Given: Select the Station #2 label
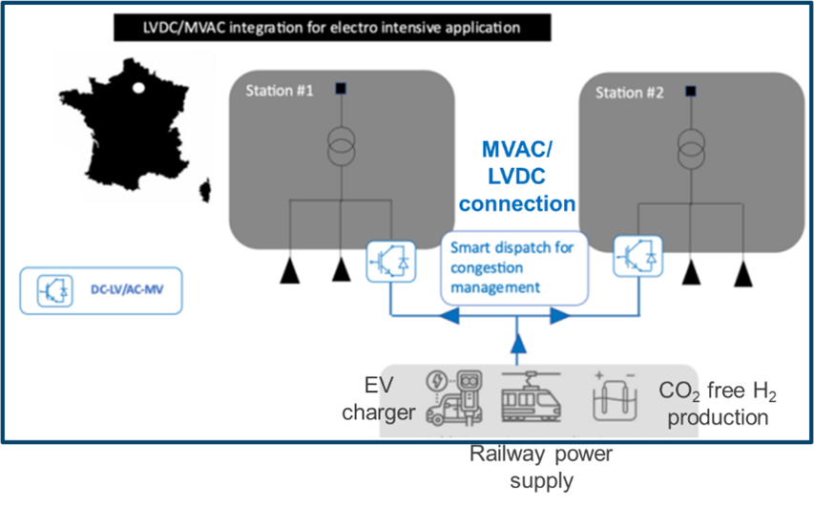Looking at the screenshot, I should pyautogui.click(x=629, y=93).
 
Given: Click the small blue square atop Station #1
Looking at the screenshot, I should pyautogui.click(x=341, y=90).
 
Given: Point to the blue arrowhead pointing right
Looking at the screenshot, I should pyautogui.click(x=560, y=315).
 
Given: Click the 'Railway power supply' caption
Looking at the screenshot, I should pyautogui.click(x=540, y=467).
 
